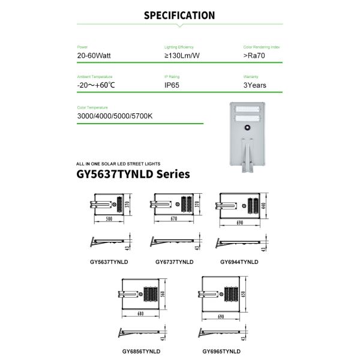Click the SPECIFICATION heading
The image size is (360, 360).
tap(179, 16)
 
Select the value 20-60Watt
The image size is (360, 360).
tap(94, 55)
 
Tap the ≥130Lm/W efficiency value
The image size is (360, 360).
tap(182, 55)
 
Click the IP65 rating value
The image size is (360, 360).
tap(172, 85)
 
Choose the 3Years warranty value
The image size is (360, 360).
tap(255, 85)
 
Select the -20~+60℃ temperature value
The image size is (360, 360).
tap(96, 85)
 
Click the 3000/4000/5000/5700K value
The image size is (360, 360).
tap(115, 115)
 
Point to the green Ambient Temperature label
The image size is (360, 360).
tap(95, 77)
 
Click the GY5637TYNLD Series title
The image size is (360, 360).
tap(133, 175)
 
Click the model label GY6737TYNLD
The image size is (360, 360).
tap(175, 262)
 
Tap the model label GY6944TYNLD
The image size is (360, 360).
tap(239, 262)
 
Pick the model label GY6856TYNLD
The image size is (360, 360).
tap(141, 350)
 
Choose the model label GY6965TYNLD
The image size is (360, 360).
tap(221, 350)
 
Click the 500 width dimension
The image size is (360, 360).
tap(109, 220)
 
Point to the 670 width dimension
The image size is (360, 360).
tap(174, 220)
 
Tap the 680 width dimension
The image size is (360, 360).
tap(140, 313)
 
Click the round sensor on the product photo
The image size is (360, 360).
tap(247, 127)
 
